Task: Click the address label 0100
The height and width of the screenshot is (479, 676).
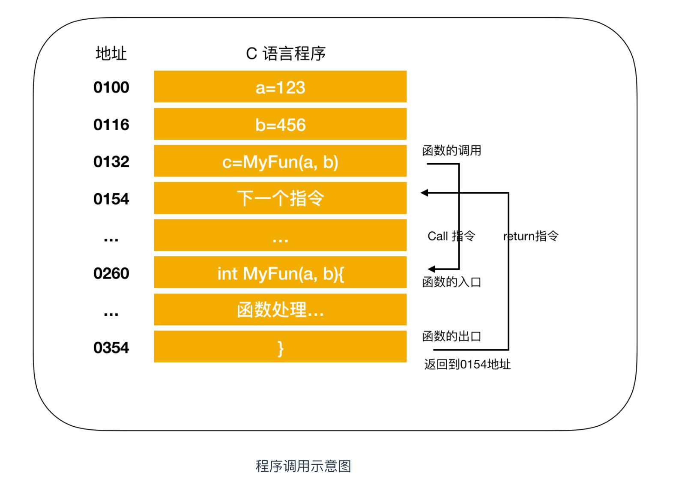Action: tap(111, 87)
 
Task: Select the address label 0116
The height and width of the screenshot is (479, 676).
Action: tap(111, 125)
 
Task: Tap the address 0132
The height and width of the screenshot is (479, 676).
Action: tap(111, 162)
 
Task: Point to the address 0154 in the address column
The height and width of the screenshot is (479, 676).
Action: tap(111, 199)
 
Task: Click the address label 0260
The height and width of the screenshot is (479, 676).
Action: tap(111, 273)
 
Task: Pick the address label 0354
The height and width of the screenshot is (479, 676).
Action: tap(111, 347)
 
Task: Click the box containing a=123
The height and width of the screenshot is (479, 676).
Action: tap(280, 87)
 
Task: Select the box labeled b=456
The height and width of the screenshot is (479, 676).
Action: tap(280, 124)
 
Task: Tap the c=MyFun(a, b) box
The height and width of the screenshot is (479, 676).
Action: tap(280, 161)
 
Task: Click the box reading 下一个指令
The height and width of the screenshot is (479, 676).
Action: tap(280, 198)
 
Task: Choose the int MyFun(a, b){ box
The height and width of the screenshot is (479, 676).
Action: tap(280, 273)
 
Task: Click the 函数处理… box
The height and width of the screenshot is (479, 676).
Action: tap(280, 310)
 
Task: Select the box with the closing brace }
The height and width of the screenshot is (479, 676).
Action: tap(280, 347)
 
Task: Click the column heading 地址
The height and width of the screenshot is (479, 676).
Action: tap(111, 54)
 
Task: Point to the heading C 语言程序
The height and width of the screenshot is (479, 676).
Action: tap(286, 54)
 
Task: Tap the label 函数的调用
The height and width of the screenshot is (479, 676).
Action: tap(452, 150)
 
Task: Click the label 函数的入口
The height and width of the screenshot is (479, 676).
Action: tap(452, 282)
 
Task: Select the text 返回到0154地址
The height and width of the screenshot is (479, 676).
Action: tap(467, 364)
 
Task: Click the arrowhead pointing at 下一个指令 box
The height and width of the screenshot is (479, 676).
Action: tap(425, 193)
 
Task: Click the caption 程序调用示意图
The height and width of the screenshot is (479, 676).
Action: tap(303, 466)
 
